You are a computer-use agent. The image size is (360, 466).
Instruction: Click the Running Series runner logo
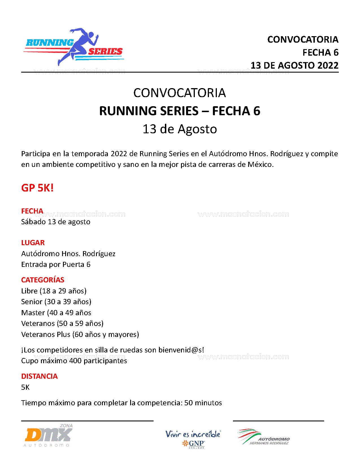(74, 47)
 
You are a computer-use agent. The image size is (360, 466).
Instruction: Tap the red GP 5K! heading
(37, 188)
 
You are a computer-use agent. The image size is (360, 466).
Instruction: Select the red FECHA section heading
(32, 211)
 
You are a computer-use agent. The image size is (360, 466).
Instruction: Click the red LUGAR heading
(33, 243)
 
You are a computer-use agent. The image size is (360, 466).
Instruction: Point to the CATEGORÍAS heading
(43, 280)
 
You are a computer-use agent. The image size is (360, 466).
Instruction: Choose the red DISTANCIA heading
(39, 376)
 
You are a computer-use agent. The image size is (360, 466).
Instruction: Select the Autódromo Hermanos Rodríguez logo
(263, 437)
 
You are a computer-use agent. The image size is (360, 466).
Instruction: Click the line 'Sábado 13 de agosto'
(56, 222)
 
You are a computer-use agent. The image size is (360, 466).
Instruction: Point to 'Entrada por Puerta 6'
(56, 265)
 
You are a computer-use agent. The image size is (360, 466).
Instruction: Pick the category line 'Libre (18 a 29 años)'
(54, 291)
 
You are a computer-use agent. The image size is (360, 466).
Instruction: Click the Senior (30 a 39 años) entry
(56, 302)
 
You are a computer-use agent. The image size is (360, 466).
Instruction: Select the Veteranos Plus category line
(80, 335)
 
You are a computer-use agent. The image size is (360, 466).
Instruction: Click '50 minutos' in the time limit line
(203, 403)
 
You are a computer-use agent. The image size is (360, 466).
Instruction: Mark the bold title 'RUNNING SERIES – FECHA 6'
(180, 111)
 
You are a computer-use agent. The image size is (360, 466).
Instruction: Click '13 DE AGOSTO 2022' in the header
(294, 66)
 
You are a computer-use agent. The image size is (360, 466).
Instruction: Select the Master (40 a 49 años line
(56, 313)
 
